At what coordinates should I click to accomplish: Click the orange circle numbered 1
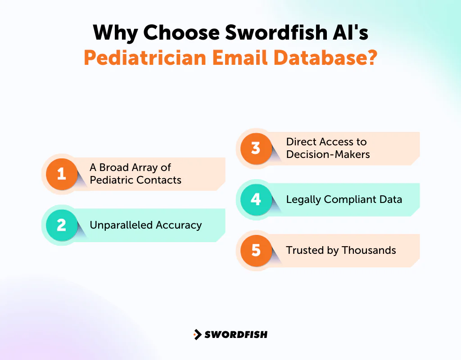[x=62, y=174]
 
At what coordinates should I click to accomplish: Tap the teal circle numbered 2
[x=62, y=225]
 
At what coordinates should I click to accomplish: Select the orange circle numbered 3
[x=256, y=148]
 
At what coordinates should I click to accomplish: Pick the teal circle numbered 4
[x=256, y=199]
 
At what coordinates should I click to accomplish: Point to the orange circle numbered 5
[x=256, y=250]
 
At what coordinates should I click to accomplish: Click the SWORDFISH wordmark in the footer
[x=236, y=334]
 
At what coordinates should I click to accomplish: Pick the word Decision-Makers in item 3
[x=328, y=154]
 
